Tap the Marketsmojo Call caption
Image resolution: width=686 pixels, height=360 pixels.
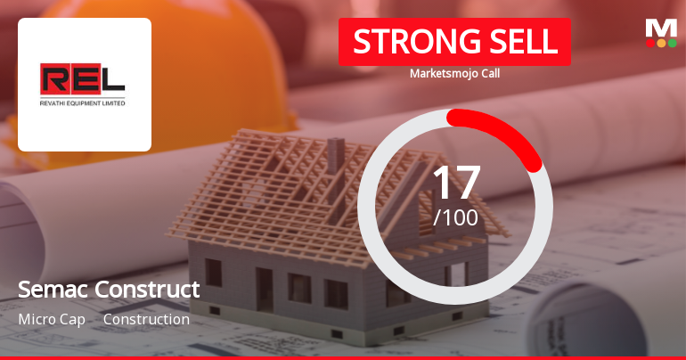(454, 73)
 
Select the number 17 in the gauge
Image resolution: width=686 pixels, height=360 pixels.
(455, 182)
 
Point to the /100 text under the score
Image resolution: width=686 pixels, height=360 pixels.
(455, 217)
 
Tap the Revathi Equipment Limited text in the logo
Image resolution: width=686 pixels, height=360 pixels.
(83, 102)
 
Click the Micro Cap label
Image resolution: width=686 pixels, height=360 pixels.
(52, 319)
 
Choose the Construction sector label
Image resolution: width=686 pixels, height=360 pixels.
(146, 319)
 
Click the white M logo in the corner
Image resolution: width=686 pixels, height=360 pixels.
(661, 28)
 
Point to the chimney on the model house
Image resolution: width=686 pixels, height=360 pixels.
(336, 155)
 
